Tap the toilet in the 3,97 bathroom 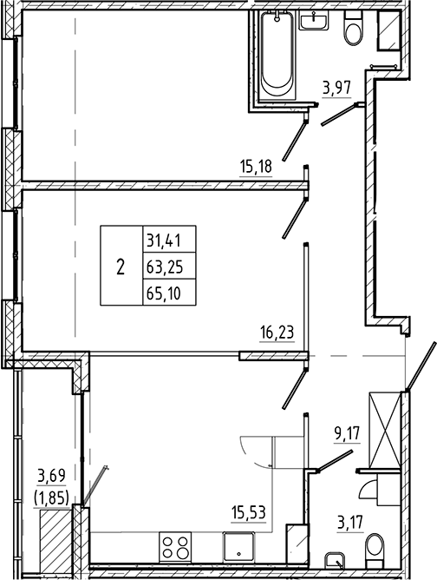point(352,31)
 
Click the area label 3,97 point(336,87)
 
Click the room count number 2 point(119,266)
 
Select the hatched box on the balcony point(55,531)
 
